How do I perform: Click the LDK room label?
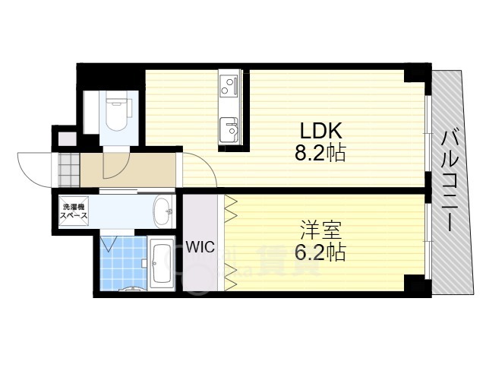pos(320,131)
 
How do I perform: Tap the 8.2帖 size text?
pos(320,153)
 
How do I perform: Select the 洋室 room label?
pos(320,230)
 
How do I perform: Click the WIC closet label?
pos(200,247)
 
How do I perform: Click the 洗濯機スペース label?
pos(74,211)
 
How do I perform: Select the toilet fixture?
pos(116,113)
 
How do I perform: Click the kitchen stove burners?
pos(228,86)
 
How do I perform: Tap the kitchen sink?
pos(229,129)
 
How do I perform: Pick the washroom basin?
pos(163,211)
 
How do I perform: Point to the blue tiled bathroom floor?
pos(123,263)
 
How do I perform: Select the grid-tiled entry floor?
pos(69,170)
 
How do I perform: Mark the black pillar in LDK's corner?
pos(414,76)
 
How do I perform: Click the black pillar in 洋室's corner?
pos(415,283)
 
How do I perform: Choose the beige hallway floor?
pos(128,170)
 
